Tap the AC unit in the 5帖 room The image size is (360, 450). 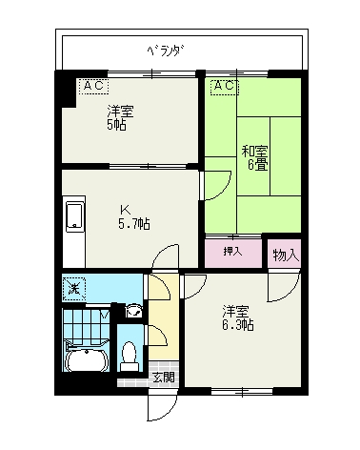coord(93,87)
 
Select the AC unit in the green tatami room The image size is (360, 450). coord(223,87)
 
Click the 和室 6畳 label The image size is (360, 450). coord(253,155)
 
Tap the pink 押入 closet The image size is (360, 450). coord(232,252)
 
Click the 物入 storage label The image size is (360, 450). coord(285,255)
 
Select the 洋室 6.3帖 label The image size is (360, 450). coord(238,318)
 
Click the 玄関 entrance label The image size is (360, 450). coord(163,377)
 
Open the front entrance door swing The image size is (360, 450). coord(158,405)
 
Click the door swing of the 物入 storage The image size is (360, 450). coord(284,282)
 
